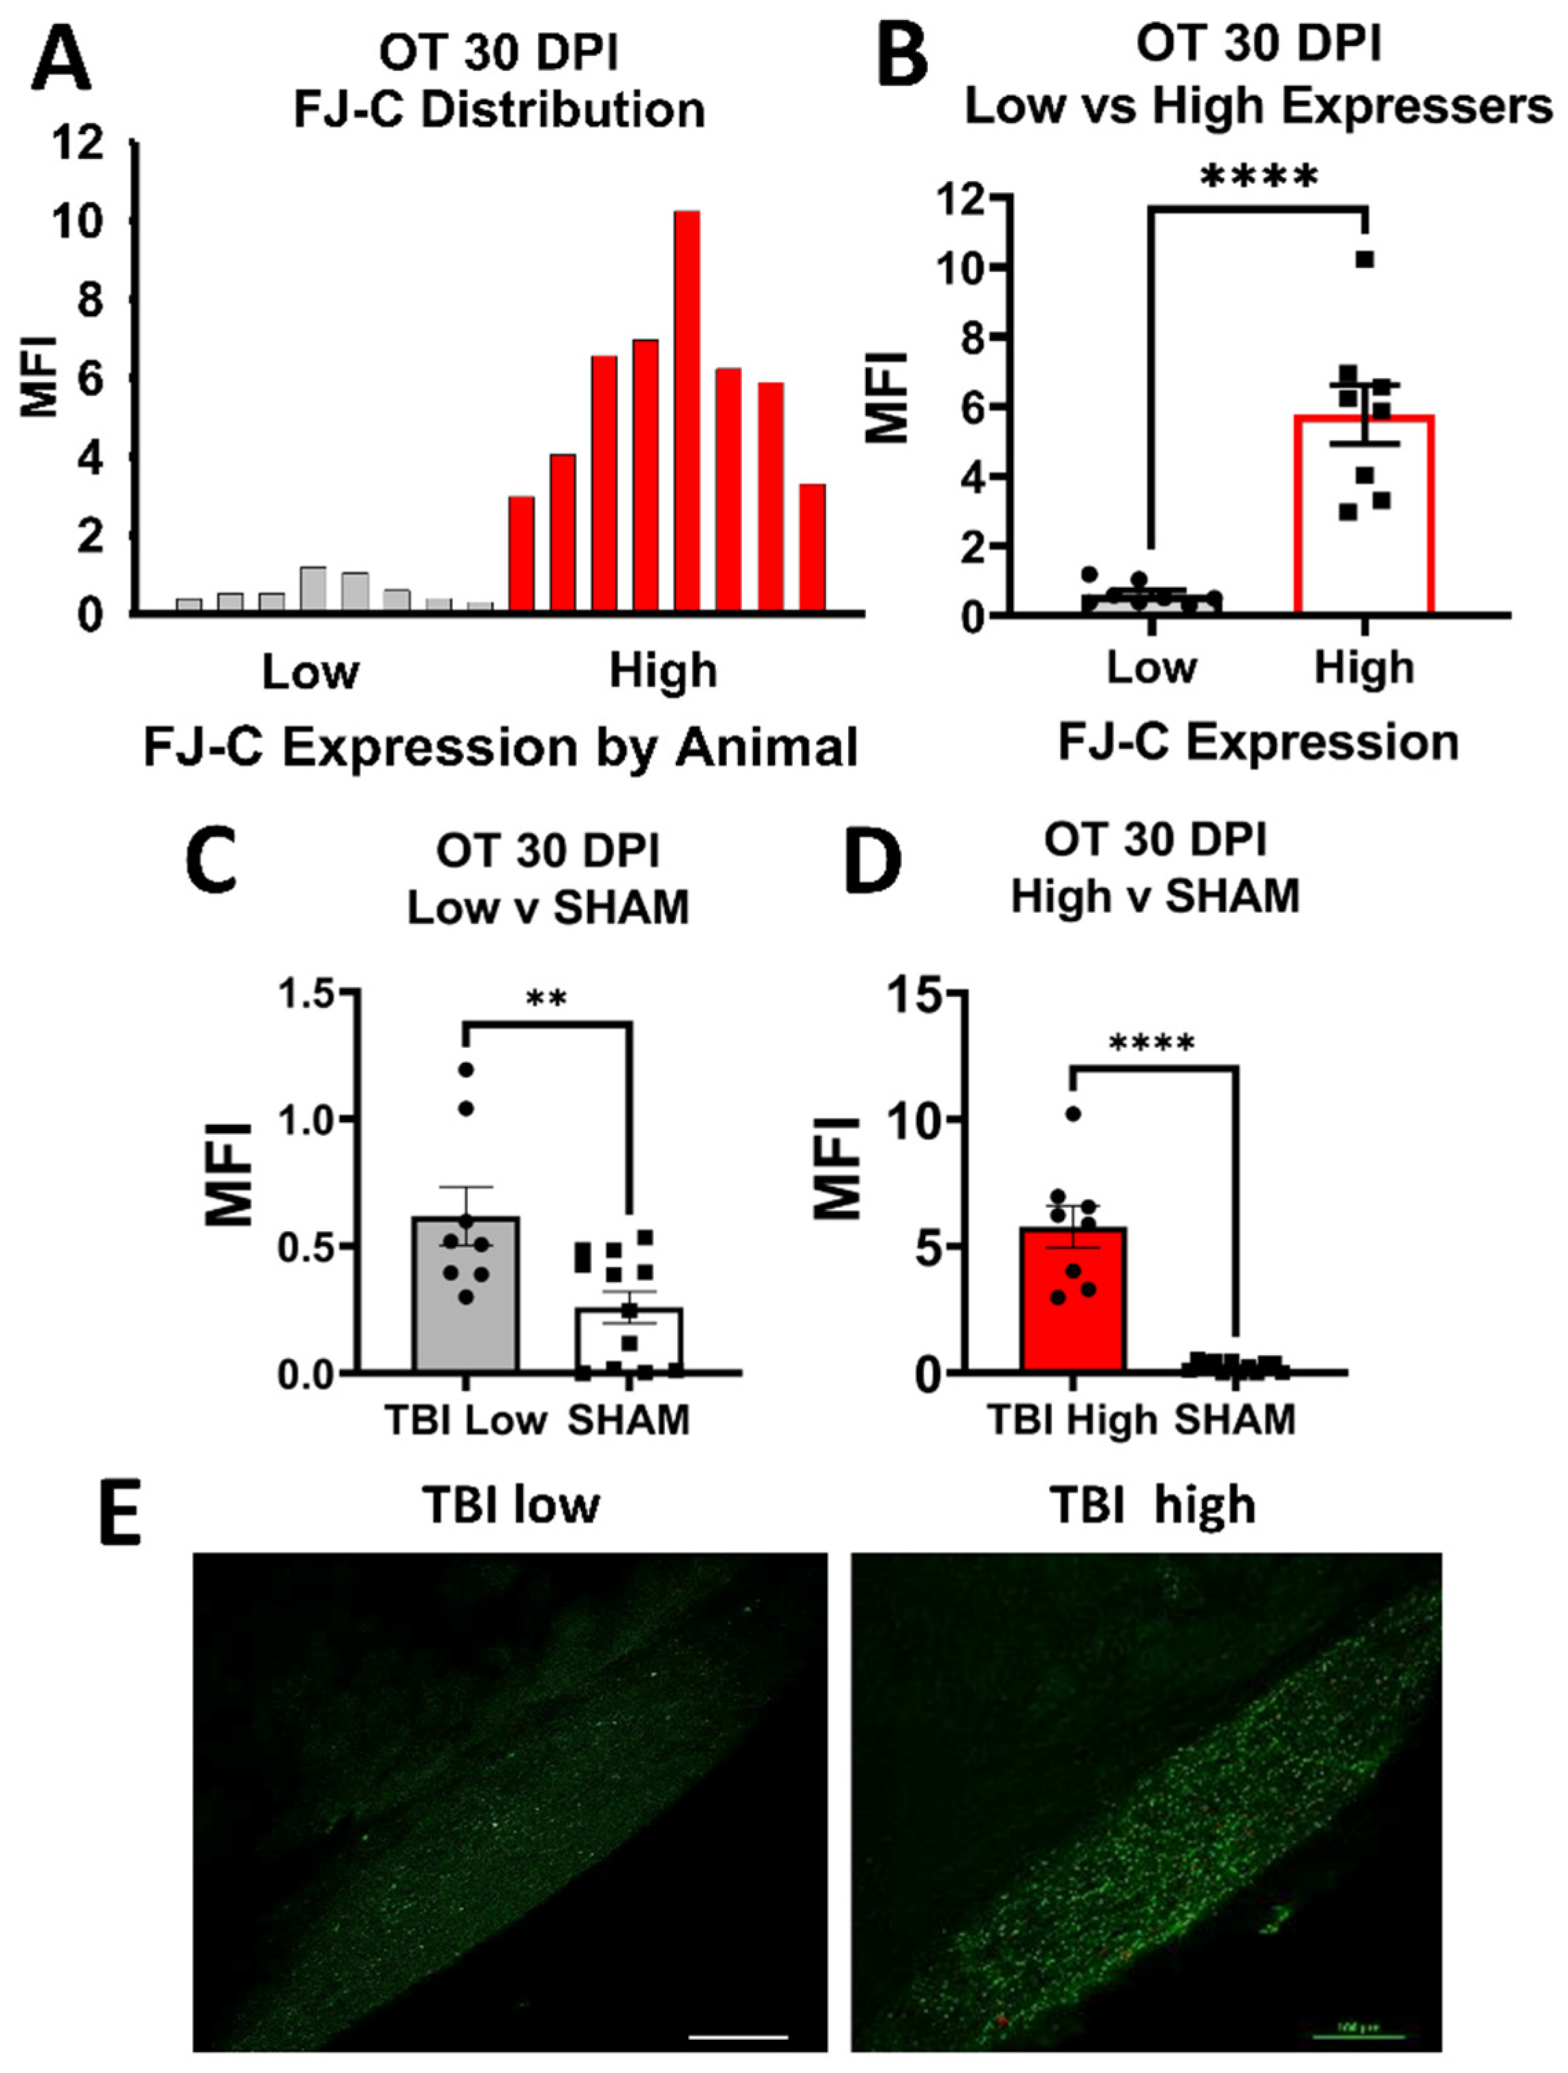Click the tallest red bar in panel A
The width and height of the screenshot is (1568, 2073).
(x=688, y=412)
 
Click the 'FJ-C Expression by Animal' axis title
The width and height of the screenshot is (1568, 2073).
(x=500, y=748)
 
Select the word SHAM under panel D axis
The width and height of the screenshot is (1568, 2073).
(x=1236, y=1420)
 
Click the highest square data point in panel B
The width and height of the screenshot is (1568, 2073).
(x=1365, y=260)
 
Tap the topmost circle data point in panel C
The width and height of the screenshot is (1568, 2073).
(x=465, y=1069)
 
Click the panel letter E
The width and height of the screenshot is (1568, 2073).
(x=120, y=1511)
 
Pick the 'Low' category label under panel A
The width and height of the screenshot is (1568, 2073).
(x=310, y=671)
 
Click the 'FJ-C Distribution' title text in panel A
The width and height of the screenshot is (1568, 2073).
(x=499, y=111)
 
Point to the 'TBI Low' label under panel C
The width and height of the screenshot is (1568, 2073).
(x=465, y=1420)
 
